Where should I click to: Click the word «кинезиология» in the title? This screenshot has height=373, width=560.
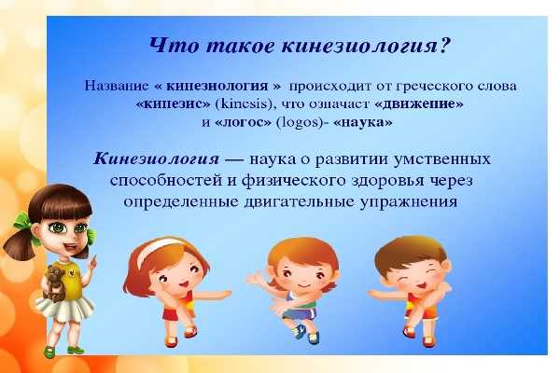coord(360,47)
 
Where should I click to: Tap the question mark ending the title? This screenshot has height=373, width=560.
coord(445,45)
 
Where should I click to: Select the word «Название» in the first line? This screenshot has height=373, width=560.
coord(116,86)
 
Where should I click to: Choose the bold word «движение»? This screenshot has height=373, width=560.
coord(419,104)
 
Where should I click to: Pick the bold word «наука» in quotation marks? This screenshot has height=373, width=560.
coord(362,122)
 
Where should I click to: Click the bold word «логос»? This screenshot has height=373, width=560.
coord(244,122)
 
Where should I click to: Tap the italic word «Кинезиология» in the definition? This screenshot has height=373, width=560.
coord(157,159)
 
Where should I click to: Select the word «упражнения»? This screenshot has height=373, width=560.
coord(409,202)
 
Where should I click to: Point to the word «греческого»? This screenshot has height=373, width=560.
coord(434,87)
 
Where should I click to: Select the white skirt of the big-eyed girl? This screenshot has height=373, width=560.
coord(64,308)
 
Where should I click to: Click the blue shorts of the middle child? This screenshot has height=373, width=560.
coord(300,313)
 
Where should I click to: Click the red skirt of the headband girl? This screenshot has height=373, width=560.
coord(174,313)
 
